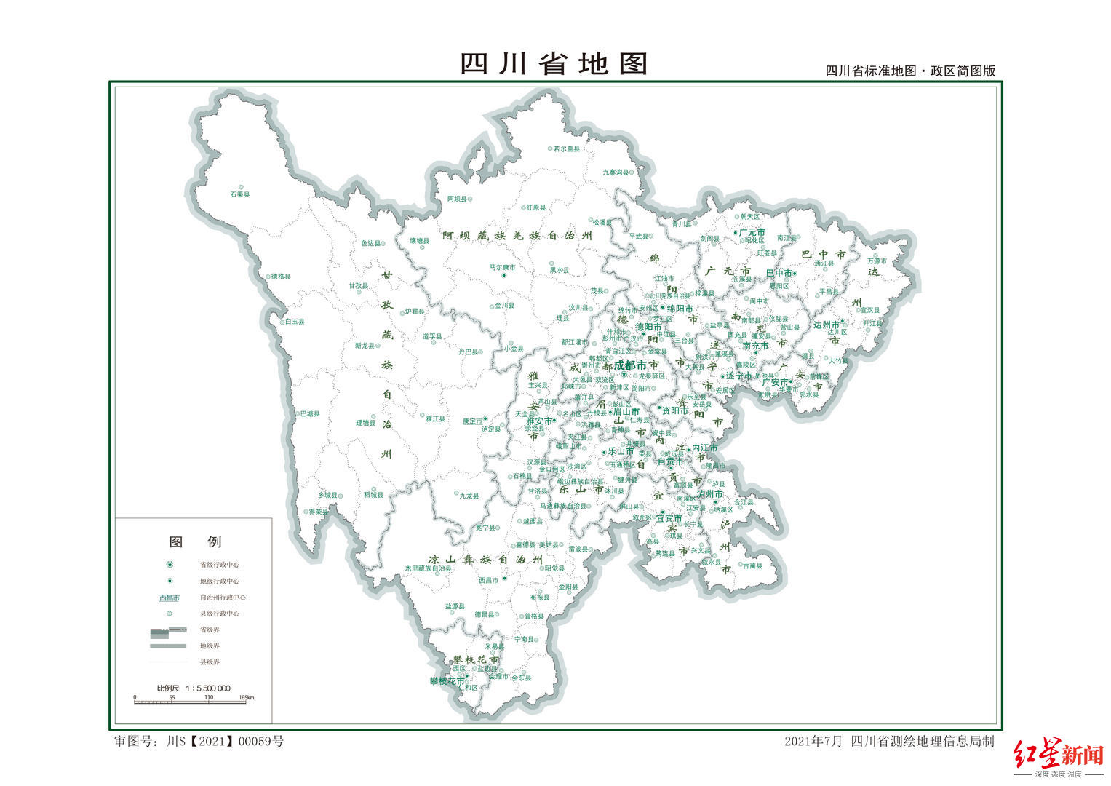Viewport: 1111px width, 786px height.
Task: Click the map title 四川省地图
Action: pos(554,64)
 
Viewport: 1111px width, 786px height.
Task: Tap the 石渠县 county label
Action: pos(240,195)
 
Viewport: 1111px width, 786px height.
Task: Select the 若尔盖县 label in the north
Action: pos(566,149)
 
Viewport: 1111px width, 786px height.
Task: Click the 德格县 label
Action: pos(280,277)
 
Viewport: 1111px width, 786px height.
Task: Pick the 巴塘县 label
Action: pos(308,414)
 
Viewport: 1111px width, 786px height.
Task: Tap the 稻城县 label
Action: pos(373,495)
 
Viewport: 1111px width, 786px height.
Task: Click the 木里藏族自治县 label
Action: pos(429,568)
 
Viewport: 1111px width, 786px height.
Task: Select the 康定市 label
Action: pos(472,421)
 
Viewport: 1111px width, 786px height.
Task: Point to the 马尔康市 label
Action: pos(502,268)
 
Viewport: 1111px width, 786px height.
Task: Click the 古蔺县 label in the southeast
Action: pos(752,565)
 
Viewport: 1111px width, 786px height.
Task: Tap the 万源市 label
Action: pos(877,261)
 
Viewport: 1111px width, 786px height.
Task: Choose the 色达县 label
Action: pos(371,244)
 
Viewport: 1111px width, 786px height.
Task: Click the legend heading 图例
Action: pos(195,541)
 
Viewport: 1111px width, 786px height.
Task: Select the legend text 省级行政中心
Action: pos(220,565)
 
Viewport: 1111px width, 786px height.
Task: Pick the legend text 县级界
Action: pos(210,662)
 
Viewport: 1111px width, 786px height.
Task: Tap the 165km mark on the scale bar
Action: pos(247,698)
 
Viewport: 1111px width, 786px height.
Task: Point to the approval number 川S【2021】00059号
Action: pos(225,742)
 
